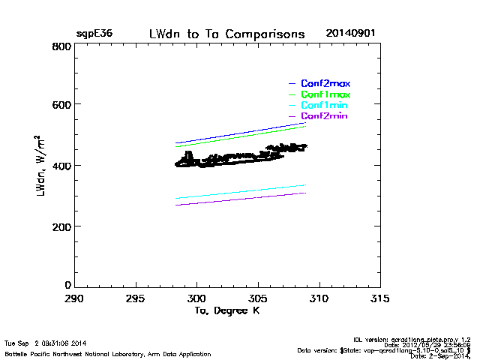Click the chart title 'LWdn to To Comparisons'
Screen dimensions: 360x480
(226, 34)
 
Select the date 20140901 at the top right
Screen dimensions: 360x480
(350, 34)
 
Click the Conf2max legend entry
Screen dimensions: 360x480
(325, 83)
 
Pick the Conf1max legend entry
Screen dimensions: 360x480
(325, 94)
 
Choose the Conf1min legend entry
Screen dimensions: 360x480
(324, 106)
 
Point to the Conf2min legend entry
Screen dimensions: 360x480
(324, 117)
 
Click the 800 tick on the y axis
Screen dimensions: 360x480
(62, 46)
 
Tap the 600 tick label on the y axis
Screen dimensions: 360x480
(62, 105)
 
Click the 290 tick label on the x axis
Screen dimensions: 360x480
(74, 298)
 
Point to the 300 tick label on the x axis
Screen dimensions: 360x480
(196, 298)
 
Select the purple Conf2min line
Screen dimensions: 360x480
(240, 199)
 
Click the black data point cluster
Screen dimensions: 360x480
(232, 158)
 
